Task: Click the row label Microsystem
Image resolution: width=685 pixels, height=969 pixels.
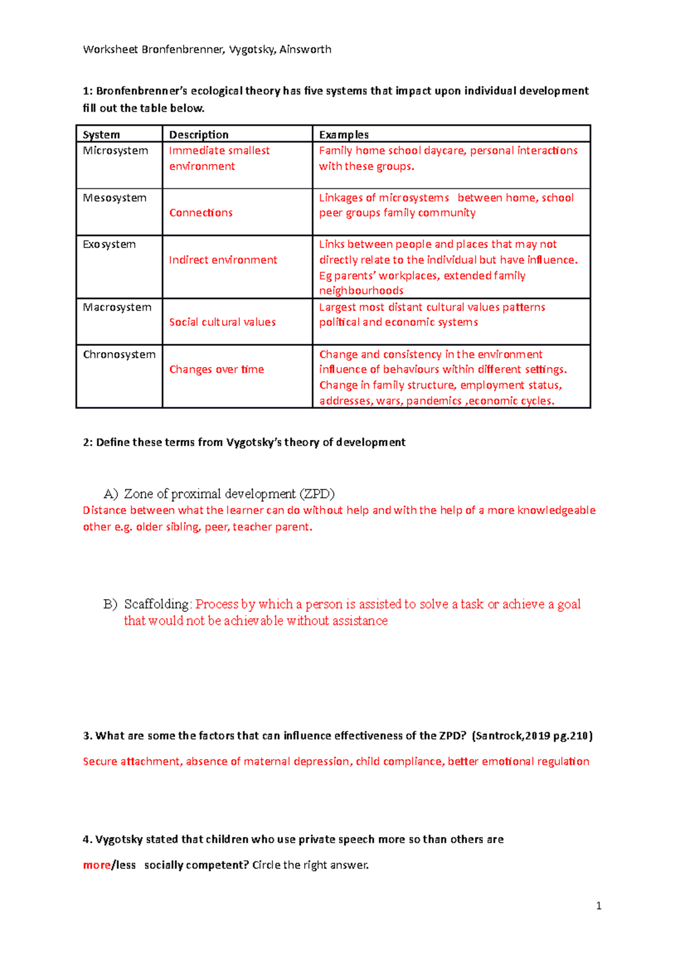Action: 115,151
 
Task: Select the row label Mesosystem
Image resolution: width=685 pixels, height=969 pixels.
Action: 115,198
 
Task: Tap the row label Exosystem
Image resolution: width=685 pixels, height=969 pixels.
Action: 109,244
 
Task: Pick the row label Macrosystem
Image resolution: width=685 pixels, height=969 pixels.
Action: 117,308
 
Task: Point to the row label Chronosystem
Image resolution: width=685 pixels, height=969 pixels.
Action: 119,354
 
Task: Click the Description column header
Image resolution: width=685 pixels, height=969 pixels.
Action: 199,135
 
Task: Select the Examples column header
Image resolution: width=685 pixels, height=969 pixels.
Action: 344,135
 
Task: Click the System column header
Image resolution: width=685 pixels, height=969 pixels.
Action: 101,135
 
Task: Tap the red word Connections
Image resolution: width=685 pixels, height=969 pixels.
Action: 201,213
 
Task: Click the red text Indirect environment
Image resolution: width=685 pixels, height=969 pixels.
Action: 223,260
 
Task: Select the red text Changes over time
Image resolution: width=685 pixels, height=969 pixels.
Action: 216,370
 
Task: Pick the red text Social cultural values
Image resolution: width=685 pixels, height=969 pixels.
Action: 222,322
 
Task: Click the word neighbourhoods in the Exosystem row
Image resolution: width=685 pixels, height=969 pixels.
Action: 361,291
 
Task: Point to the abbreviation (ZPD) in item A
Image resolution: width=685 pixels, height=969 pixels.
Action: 317,494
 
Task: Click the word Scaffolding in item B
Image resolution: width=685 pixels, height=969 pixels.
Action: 156,604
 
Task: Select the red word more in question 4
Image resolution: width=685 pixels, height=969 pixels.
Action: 96,865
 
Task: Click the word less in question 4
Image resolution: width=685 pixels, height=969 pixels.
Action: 126,865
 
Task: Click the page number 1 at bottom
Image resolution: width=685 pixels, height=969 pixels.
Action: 598,906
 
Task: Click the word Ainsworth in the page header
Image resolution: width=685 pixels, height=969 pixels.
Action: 305,50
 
